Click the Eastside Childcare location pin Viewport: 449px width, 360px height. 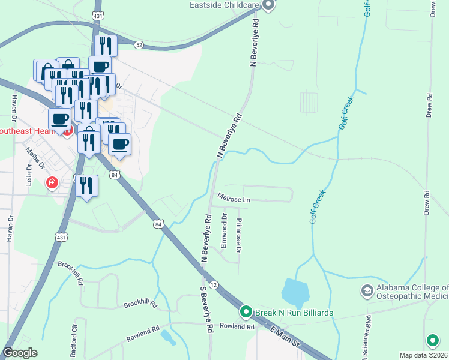tap(268, 5)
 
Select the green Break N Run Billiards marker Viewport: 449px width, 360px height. tap(246, 312)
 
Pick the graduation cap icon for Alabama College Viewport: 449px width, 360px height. tap(366, 291)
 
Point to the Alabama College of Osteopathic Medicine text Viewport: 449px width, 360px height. tap(412, 292)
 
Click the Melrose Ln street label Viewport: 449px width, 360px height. tap(233, 197)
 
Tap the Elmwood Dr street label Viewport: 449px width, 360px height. tap(224, 231)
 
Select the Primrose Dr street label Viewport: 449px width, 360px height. tap(240, 235)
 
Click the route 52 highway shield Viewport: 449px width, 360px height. tap(139, 45)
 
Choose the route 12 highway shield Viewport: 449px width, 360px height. tap(214, 285)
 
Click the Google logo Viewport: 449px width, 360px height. tap(20, 353)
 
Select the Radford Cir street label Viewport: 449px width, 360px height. tap(74, 346)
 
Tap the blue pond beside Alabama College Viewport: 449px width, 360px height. tap(295, 292)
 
